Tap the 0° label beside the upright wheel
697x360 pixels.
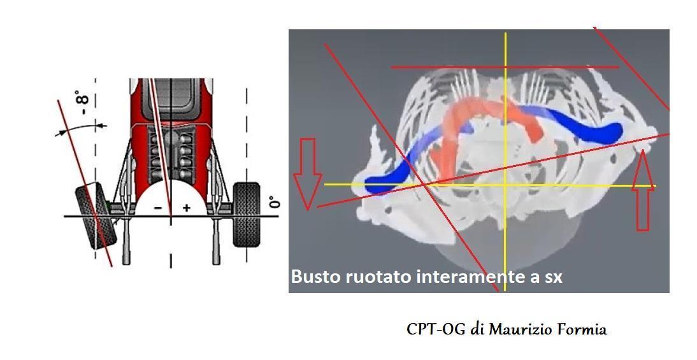tap(274, 202)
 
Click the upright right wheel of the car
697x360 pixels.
tap(247, 214)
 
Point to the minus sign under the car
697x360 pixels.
tap(158, 208)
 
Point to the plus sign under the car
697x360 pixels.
tap(187, 208)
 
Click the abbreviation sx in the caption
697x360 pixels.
tap(553, 278)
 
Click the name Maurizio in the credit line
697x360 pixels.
tap(519, 329)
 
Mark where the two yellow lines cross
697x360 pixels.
tap(505, 185)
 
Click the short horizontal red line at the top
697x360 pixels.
tap(504, 66)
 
